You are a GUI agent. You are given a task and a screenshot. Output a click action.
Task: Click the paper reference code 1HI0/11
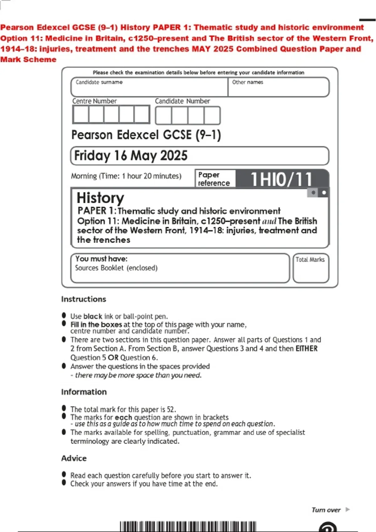281,179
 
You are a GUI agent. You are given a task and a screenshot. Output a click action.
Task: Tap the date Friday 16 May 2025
131,156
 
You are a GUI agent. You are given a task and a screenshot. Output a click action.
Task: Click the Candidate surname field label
99,82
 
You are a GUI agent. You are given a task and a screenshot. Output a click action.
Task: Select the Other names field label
248,82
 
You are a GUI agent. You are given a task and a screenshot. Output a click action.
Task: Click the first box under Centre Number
81,115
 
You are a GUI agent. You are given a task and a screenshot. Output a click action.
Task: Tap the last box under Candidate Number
212,115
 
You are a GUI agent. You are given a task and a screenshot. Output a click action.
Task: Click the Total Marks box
311,268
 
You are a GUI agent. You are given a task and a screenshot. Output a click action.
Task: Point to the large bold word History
100,198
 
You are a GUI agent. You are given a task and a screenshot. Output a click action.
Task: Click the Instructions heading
84,299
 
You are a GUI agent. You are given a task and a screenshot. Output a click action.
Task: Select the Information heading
84,392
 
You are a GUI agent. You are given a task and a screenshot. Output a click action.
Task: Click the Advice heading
74,458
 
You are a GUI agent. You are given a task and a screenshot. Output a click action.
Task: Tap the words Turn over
326,510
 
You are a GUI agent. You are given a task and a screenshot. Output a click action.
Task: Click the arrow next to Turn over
347,509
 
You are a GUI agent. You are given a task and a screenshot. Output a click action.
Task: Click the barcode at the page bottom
188,526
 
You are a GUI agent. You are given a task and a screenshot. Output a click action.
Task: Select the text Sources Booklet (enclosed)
116,268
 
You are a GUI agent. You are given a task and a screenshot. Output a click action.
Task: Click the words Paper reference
214,179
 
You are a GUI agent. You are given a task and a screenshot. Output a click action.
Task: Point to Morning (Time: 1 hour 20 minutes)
126,176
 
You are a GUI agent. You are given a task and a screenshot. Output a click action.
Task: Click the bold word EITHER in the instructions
306,349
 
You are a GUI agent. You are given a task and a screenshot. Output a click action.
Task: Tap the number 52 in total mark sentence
171,409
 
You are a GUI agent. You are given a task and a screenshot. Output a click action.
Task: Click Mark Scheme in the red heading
28,59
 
